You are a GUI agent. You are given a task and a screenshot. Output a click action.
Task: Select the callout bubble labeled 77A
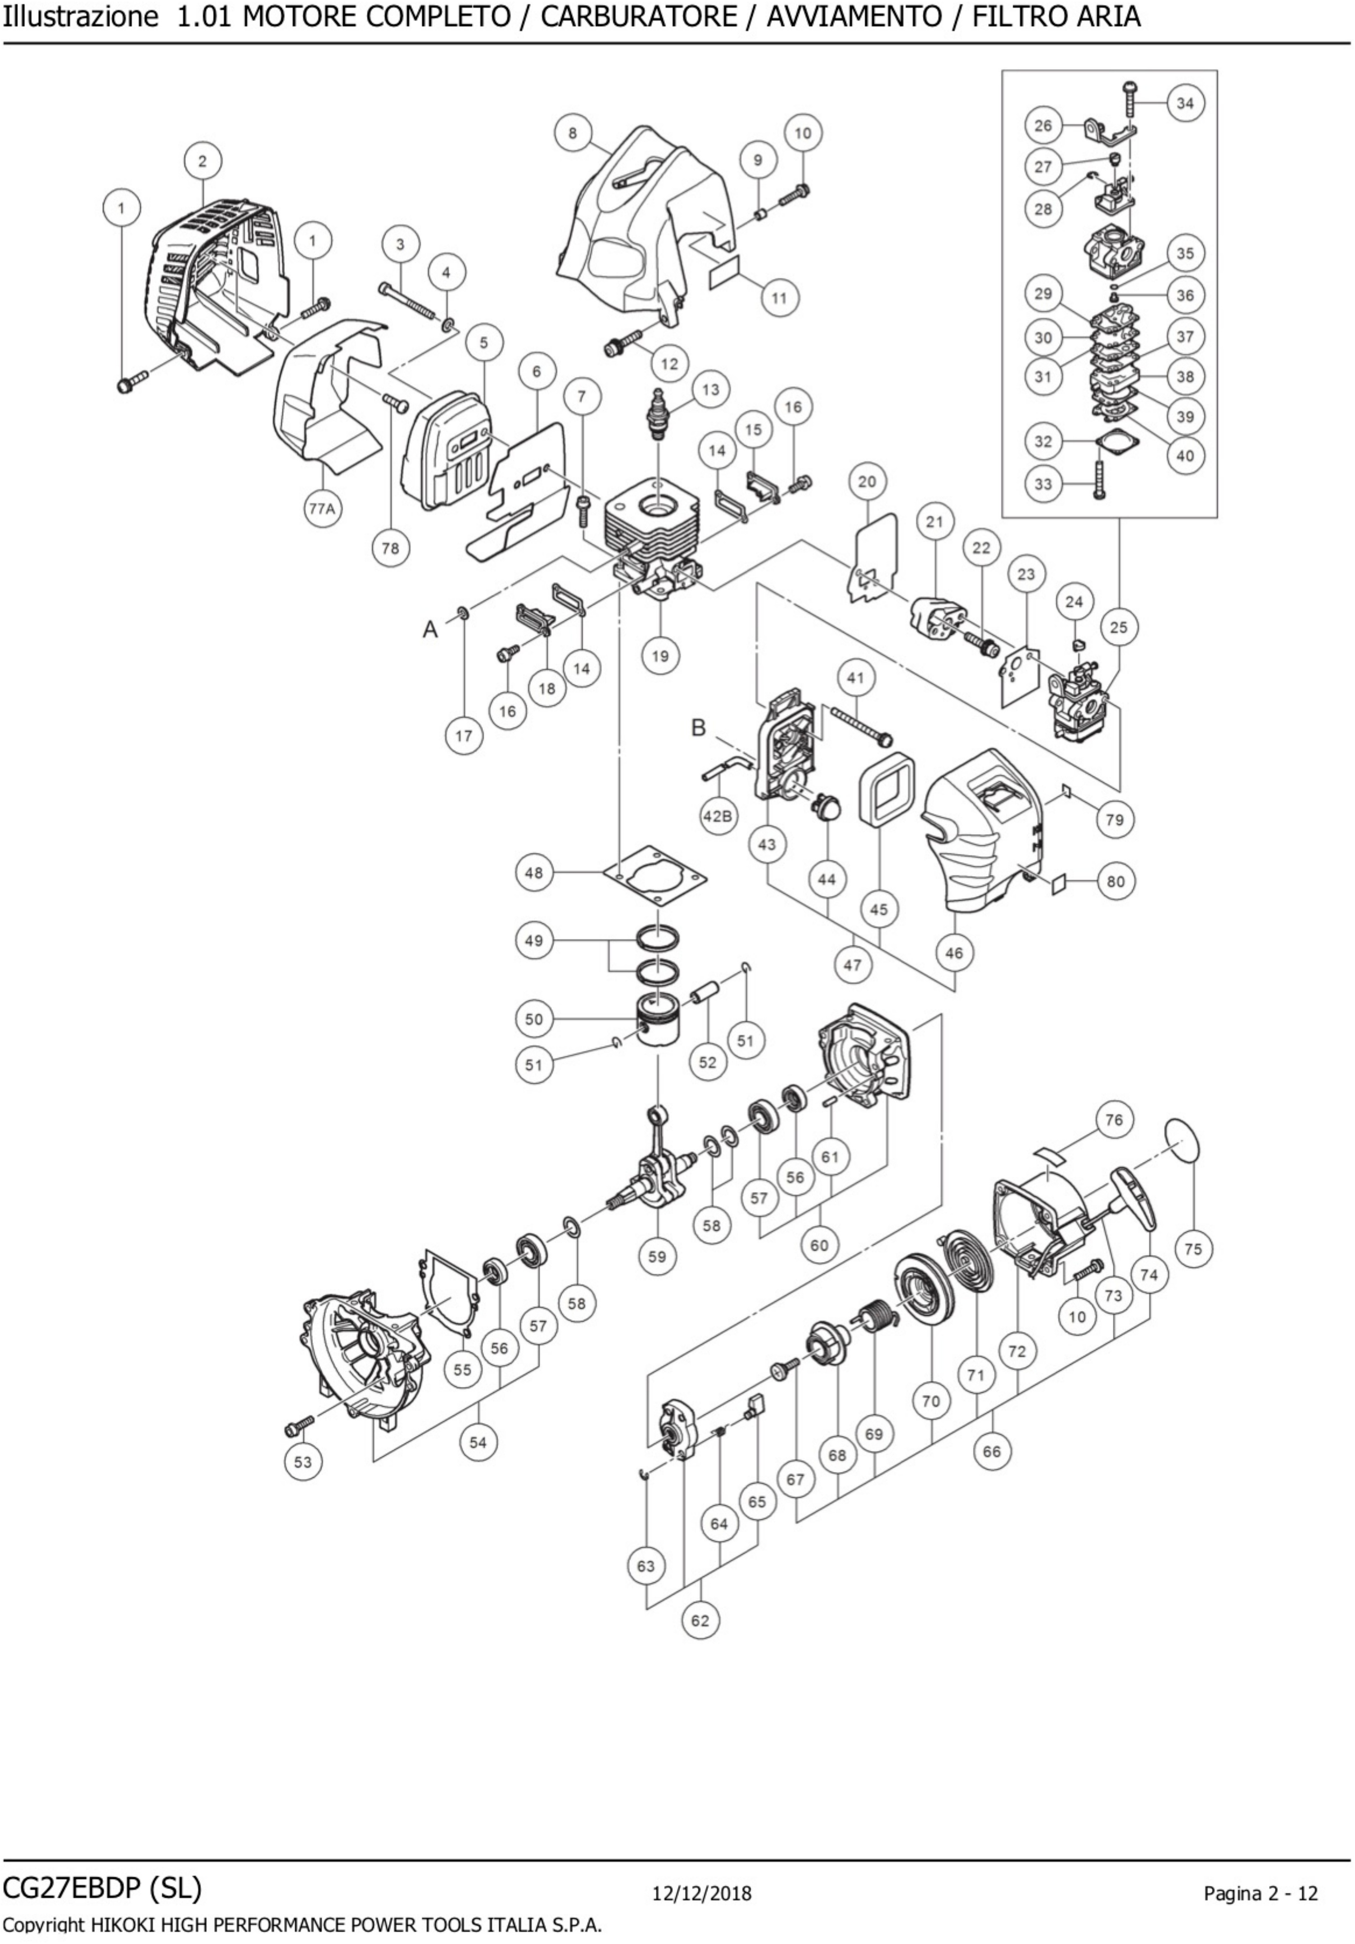(x=321, y=509)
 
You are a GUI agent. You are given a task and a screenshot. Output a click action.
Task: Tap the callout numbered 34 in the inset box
(x=1185, y=103)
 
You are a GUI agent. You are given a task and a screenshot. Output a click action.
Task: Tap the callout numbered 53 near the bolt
(x=303, y=1462)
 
